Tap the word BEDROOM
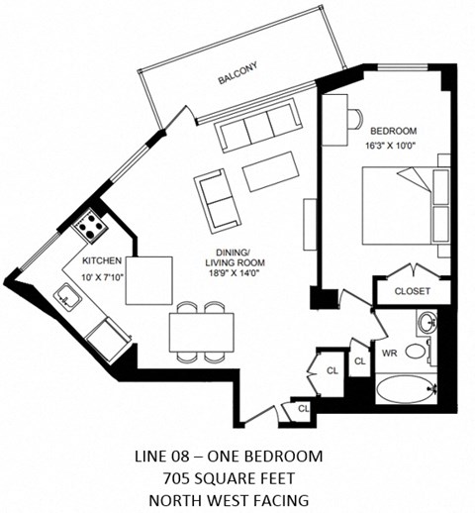tap(393, 131)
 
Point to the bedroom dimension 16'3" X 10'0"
tap(393, 147)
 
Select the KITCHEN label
tap(102, 259)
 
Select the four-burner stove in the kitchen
tap(92, 228)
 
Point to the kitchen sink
tap(68, 294)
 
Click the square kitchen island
tap(147, 281)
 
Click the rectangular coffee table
tap(271, 170)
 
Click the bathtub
tap(404, 388)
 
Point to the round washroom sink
tap(427, 323)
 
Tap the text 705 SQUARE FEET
tap(229, 477)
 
